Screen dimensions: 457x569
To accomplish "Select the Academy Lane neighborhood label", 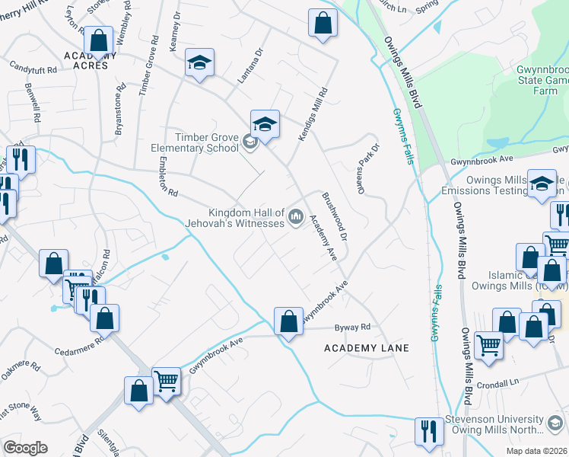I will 366,348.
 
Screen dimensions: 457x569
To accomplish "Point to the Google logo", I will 25,448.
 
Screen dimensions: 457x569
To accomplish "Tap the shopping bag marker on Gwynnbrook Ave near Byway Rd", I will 288,321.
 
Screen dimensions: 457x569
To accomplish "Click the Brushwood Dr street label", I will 335,218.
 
